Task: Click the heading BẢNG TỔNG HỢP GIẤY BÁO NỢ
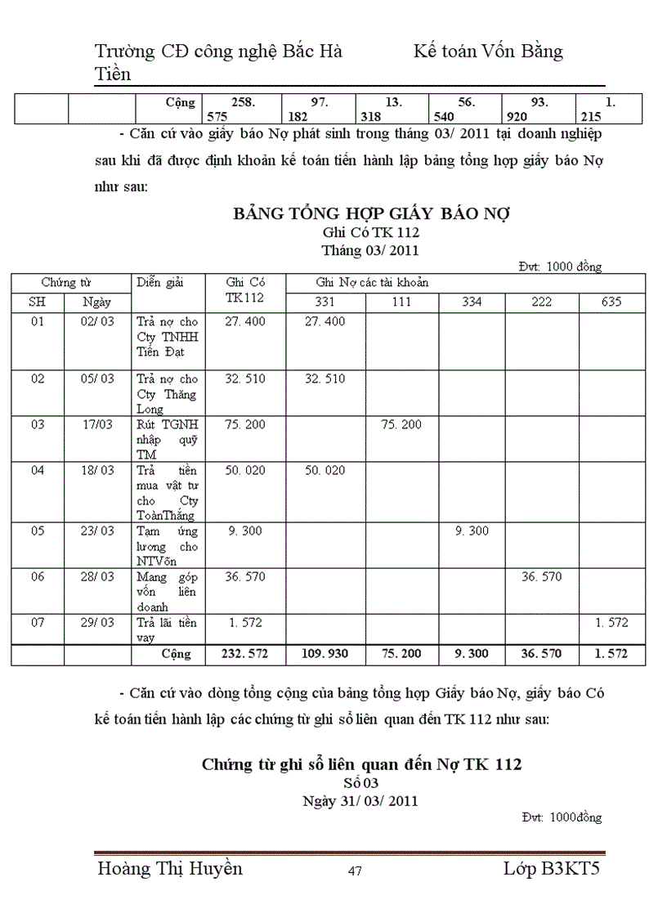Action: tap(371, 215)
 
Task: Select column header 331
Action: tap(325, 302)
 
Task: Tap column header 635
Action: tap(611, 302)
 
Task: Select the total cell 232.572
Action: tap(244, 654)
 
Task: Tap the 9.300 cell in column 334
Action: tap(471, 531)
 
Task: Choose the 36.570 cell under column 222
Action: tap(541, 576)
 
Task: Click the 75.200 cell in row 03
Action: tap(401, 424)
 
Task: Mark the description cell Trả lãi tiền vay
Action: tap(167, 630)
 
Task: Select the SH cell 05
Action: tap(37, 531)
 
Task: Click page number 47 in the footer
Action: tap(354, 871)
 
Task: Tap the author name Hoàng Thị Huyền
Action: tap(169, 868)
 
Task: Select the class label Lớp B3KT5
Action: tap(552, 868)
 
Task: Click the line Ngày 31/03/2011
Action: tap(360, 800)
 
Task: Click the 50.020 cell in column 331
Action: tap(325, 470)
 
